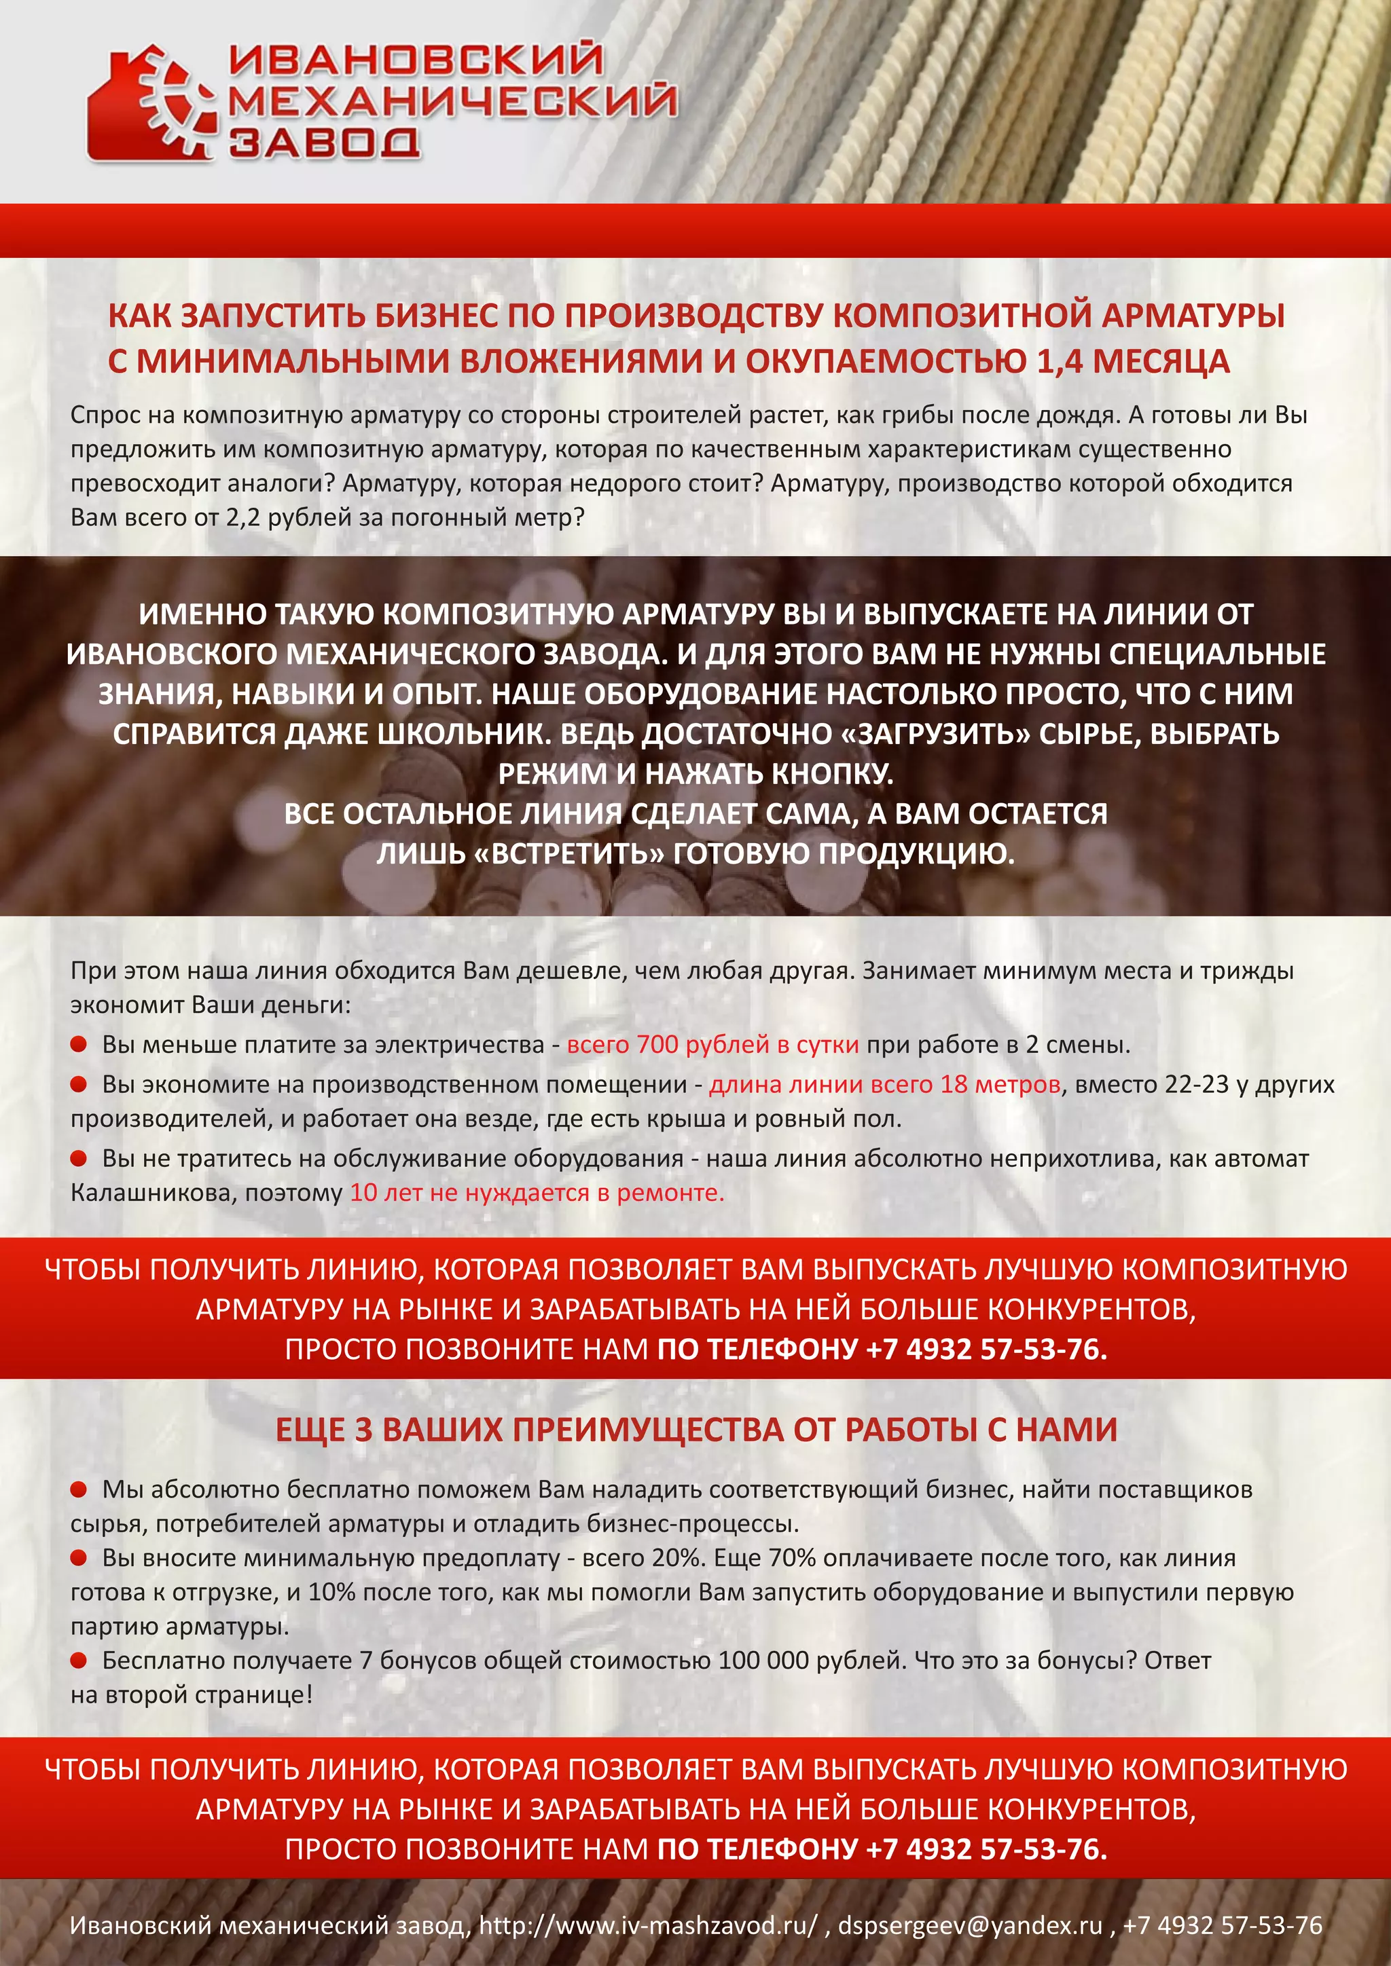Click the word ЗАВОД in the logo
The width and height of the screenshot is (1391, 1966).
[x=324, y=142]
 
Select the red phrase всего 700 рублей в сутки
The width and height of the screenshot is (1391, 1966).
[x=712, y=1045]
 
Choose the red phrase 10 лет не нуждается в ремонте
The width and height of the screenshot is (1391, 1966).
[x=537, y=1193]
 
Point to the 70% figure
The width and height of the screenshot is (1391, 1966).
[x=791, y=1557]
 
